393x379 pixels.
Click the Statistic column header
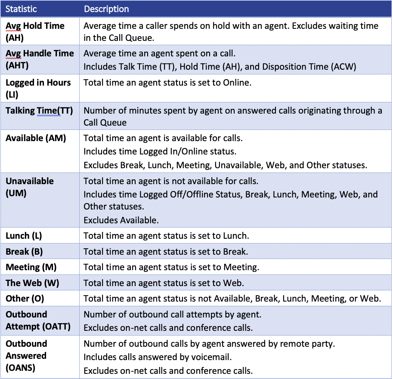pyautogui.click(x=21, y=9)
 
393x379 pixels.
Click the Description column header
pyautogui.click(x=106, y=9)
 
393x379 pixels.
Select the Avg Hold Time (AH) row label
pyautogui.click(x=35, y=32)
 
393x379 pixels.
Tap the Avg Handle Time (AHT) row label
pyautogui.click(x=40, y=59)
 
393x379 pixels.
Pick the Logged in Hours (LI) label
pyautogui.click(x=38, y=88)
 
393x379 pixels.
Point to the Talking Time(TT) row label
pyautogui.click(x=39, y=111)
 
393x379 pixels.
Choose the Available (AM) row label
pyautogui.click(x=36, y=139)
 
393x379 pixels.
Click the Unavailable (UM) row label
pyautogui.click(x=30, y=187)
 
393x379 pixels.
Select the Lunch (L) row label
pyautogui.click(x=24, y=235)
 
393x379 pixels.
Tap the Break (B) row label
pyautogui.click(x=24, y=251)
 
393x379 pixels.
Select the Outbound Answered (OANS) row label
pyautogui.click(x=26, y=356)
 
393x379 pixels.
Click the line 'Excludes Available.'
pyautogui.click(x=121, y=220)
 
